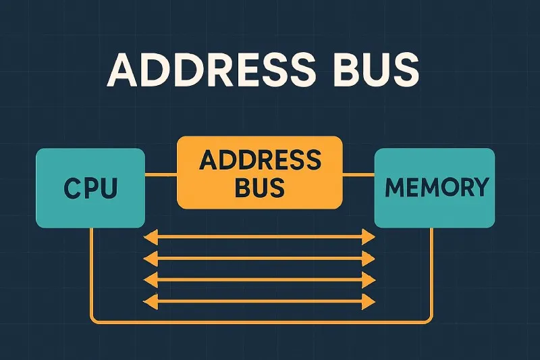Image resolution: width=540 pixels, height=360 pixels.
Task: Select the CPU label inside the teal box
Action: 90,187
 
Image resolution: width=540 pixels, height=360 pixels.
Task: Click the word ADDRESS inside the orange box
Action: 261,161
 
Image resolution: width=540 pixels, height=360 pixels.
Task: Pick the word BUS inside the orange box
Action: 261,187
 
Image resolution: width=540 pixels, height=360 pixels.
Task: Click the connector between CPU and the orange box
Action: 161,174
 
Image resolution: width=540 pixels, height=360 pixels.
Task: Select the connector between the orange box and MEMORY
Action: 358,174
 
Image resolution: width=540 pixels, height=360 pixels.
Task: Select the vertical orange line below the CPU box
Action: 91,270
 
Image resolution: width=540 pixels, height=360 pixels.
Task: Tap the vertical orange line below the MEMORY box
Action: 431,270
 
